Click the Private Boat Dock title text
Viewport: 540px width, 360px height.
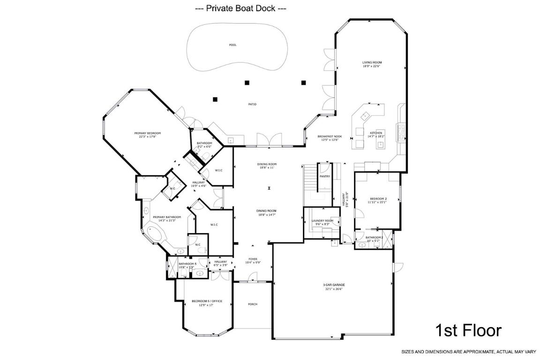(240, 8)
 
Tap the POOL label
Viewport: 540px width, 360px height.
(232, 45)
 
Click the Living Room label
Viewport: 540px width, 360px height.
(372, 62)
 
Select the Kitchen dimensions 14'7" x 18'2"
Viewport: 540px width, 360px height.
(376, 136)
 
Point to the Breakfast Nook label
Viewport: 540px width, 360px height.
(330, 136)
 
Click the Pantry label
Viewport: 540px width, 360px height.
(324, 176)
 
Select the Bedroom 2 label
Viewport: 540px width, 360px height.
(378, 199)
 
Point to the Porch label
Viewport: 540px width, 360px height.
(252, 304)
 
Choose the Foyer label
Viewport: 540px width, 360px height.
(253, 259)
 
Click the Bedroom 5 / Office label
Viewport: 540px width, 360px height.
(206, 301)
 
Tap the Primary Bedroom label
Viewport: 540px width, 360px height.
(147, 133)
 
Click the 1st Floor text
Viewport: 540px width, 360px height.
(468, 330)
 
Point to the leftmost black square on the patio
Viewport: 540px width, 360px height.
(215, 99)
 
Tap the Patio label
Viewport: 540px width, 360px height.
(252, 104)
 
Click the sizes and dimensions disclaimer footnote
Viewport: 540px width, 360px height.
(468, 351)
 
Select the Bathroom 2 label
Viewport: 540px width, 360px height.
(374, 238)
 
